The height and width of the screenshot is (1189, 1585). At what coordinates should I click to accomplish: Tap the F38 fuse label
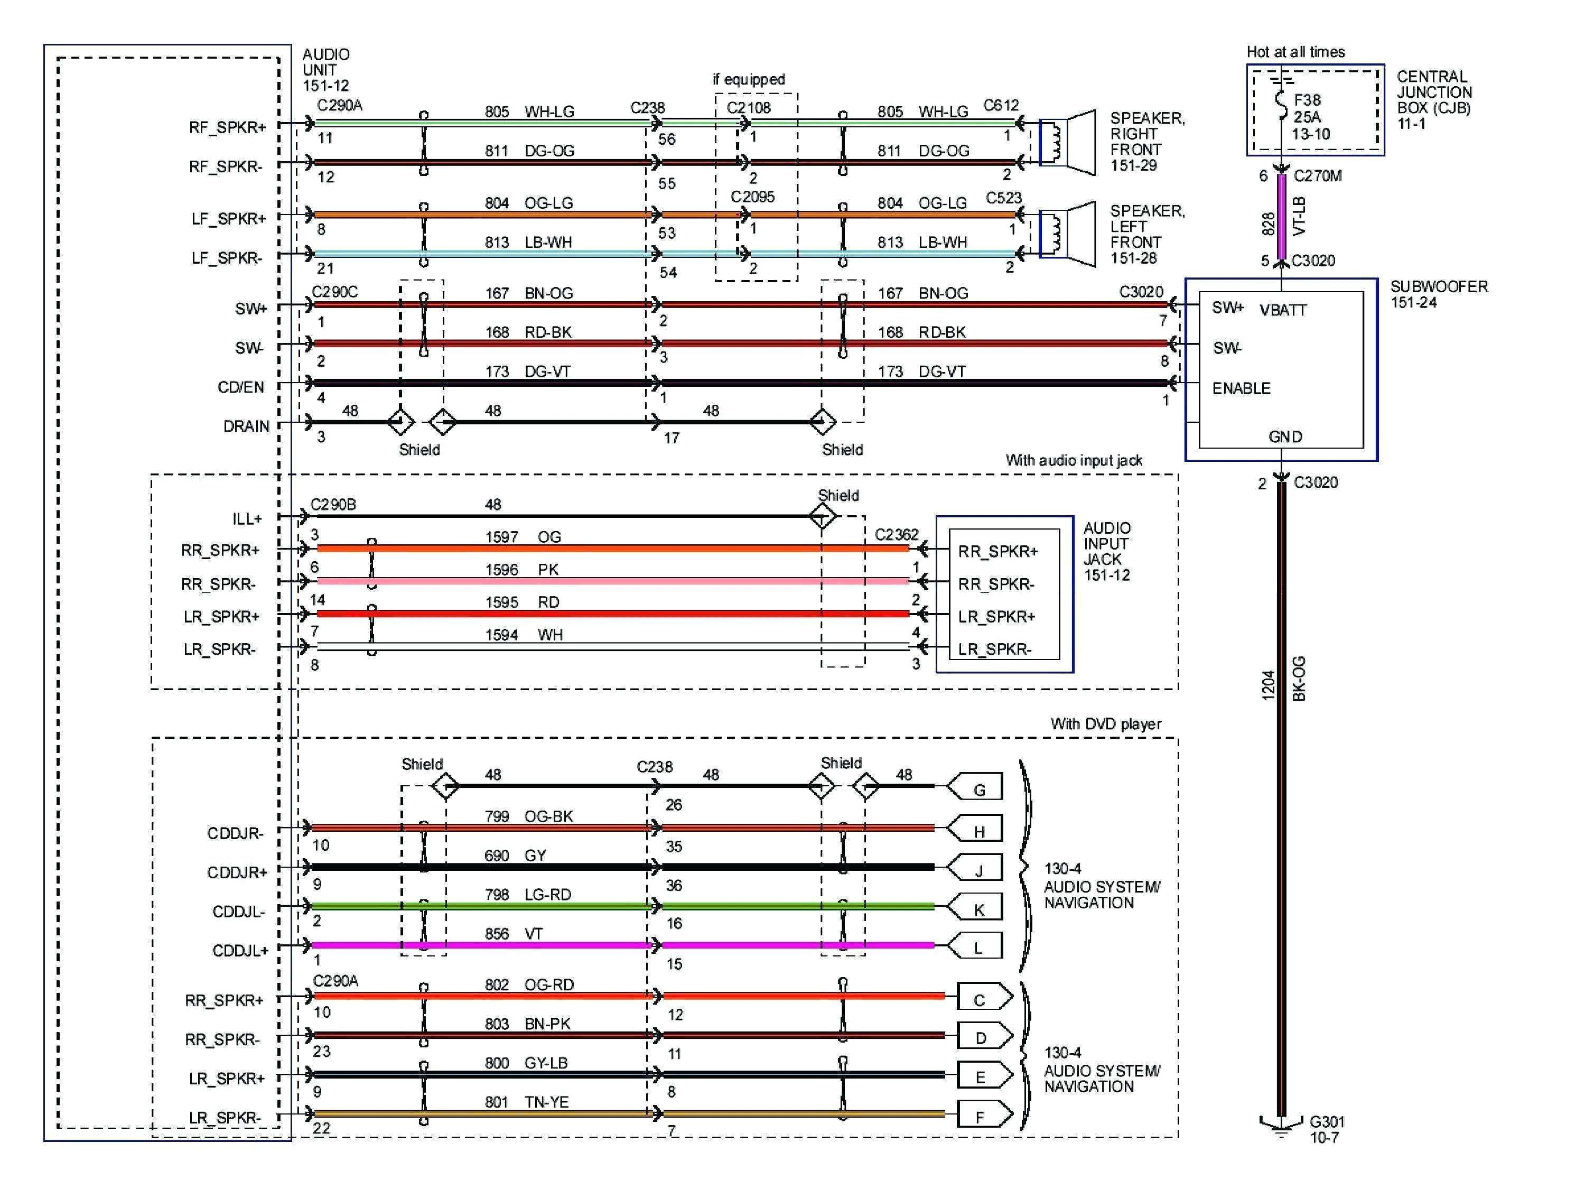(x=1307, y=100)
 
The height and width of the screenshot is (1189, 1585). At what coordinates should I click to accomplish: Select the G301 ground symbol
(x=1281, y=1127)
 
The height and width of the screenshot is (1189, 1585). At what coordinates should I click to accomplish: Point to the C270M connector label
(x=1317, y=175)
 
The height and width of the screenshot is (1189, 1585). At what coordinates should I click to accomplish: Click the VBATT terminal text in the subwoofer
(x=1283, y=310)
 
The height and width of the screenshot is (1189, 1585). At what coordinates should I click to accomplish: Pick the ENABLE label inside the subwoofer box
(x=1241, y=388)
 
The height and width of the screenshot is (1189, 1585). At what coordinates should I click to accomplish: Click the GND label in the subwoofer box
(x=1285, y=436)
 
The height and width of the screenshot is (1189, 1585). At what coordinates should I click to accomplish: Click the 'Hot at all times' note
(x=1295, y=52)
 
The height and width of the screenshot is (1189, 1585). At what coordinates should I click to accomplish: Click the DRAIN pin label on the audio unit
(x=246, y=426)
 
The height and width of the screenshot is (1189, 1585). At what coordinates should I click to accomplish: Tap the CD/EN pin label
(x=241, y=387)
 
